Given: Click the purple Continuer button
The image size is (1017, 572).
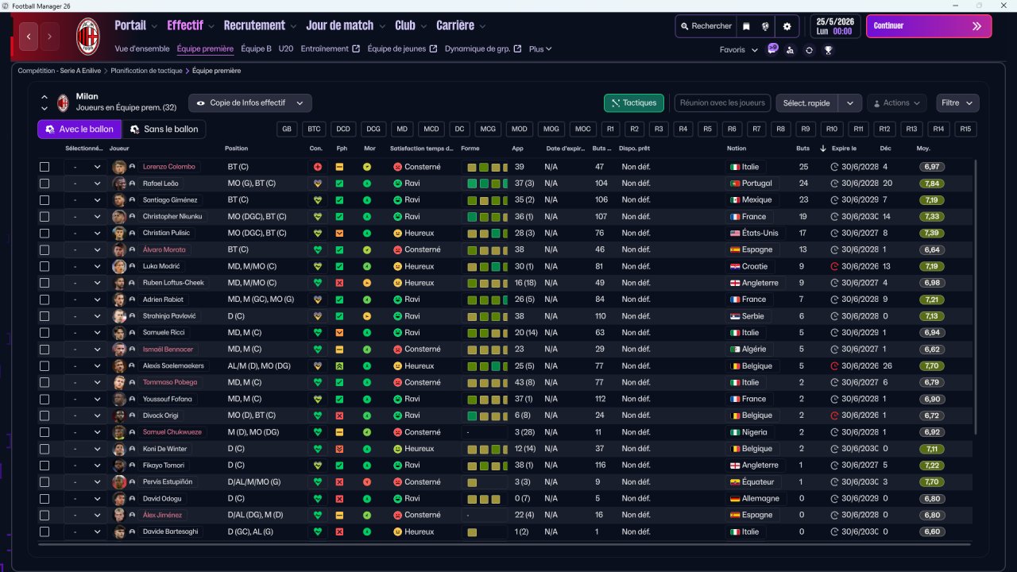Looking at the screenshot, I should (928, 26).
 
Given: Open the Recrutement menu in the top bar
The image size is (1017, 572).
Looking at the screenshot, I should (254, 25).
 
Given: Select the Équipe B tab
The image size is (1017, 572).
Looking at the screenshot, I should (256, 48).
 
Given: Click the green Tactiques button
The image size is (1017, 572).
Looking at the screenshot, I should (634, 102).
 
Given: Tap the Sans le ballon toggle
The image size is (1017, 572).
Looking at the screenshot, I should (164, 129).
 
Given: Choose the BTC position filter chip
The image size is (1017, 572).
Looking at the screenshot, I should (315, 129).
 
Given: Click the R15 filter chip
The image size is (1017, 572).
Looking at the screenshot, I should (965, 129).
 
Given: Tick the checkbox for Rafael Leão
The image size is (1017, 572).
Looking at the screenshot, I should (44, 184).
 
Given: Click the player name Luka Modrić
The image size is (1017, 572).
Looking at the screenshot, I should (161, 266).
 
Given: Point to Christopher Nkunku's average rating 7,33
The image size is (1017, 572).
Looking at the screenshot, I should (932, 216).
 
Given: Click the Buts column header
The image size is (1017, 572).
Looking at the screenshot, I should (803, 149).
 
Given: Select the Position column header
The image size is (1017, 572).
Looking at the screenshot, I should (236, 149).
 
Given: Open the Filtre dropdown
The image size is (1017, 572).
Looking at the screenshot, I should (957, 102).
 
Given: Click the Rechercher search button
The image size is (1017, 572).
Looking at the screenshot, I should (705, 26).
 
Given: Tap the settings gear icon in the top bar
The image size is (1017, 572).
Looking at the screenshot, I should (787, 26).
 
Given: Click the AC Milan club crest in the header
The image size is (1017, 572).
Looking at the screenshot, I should (87, 36).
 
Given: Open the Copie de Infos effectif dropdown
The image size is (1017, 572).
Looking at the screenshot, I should (249, 102).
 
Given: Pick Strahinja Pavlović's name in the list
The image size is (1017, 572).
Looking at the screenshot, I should (169, 316).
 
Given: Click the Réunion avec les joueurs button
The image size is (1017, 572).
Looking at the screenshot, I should (722, 102).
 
